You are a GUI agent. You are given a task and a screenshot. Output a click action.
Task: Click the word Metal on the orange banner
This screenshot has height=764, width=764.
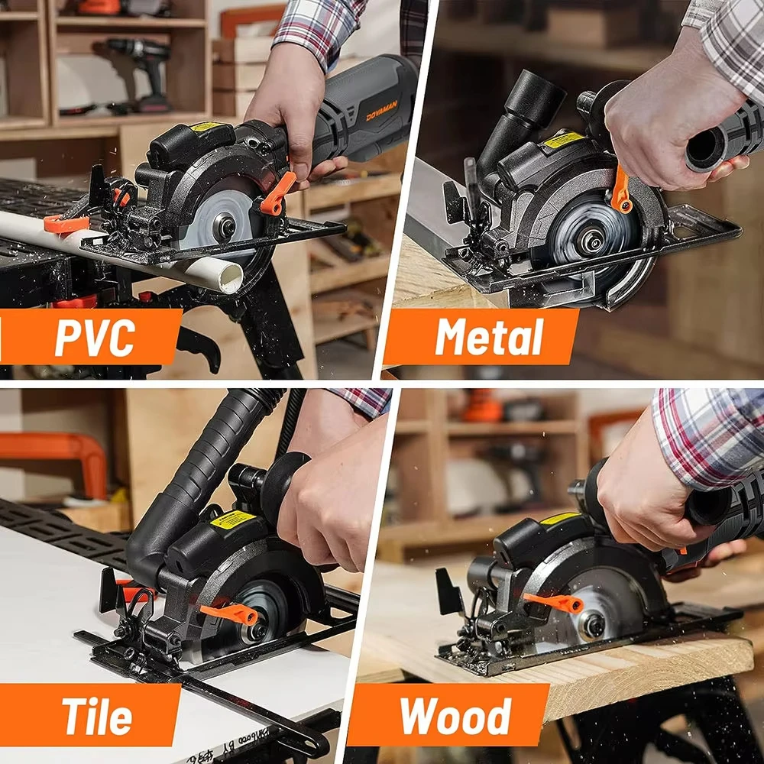click(489, 337)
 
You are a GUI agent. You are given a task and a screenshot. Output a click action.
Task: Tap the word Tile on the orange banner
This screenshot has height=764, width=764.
click(97, 715)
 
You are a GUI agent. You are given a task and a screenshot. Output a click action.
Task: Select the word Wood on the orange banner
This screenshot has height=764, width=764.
click(455, 716)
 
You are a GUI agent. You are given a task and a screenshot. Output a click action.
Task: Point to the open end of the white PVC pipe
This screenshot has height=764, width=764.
click(228, 279)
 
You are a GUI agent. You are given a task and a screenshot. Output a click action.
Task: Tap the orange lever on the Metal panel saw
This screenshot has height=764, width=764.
click(620, 189)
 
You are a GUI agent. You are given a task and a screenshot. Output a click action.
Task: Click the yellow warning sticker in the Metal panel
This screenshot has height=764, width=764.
click(564, 140)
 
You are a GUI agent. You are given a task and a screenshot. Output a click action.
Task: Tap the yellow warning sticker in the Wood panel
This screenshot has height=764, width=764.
click(560, 519)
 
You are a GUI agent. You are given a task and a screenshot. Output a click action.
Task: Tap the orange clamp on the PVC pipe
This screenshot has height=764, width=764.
click(65, 224)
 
